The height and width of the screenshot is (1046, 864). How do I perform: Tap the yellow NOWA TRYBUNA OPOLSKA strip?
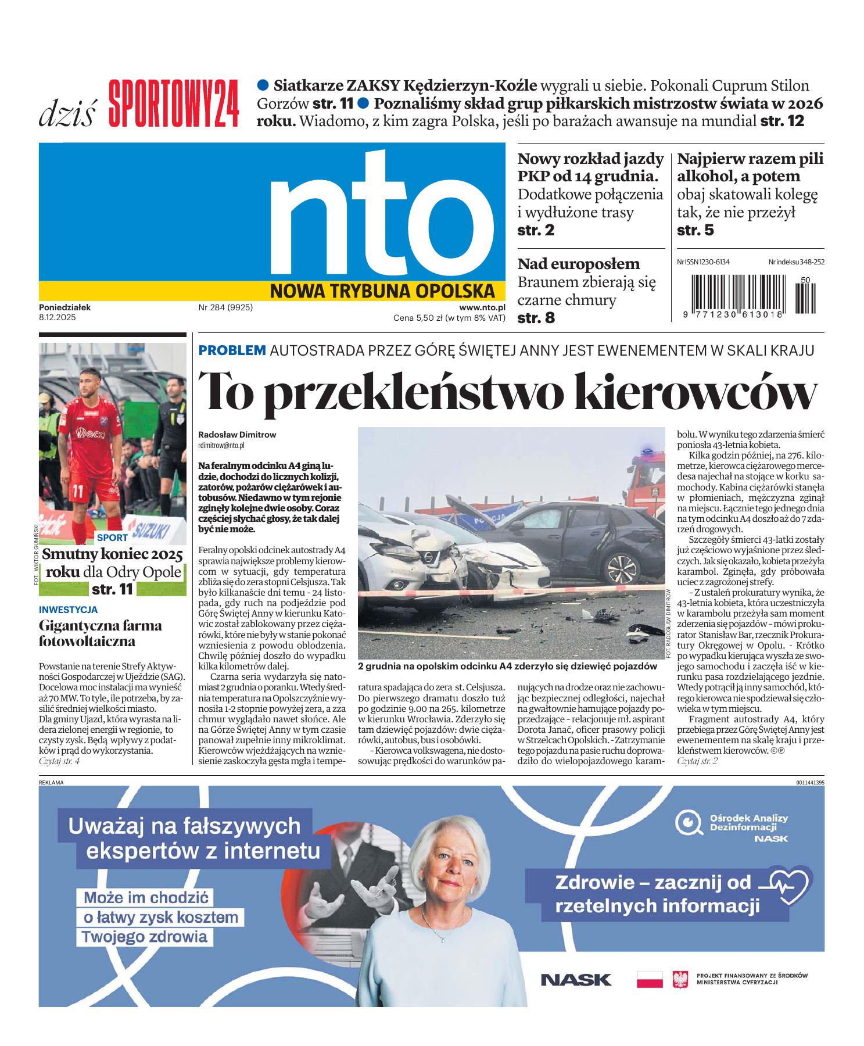click(382, 291)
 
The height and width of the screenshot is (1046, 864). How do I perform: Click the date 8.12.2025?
click(58, 318)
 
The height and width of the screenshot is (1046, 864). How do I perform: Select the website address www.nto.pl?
click(482, 308)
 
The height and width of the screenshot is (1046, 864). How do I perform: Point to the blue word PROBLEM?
click(232, 350)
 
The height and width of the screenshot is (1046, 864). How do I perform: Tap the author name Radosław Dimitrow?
click(237, 434)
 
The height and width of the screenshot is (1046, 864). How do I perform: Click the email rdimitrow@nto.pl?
click(221, 445)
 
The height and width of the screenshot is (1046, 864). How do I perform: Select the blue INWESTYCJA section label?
click(68, 610)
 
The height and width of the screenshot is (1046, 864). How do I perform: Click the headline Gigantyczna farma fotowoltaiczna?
click(100, 633)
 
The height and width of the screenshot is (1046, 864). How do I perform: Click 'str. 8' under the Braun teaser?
click(536, 318)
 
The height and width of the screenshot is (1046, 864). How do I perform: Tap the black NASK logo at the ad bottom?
click(575, 980)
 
